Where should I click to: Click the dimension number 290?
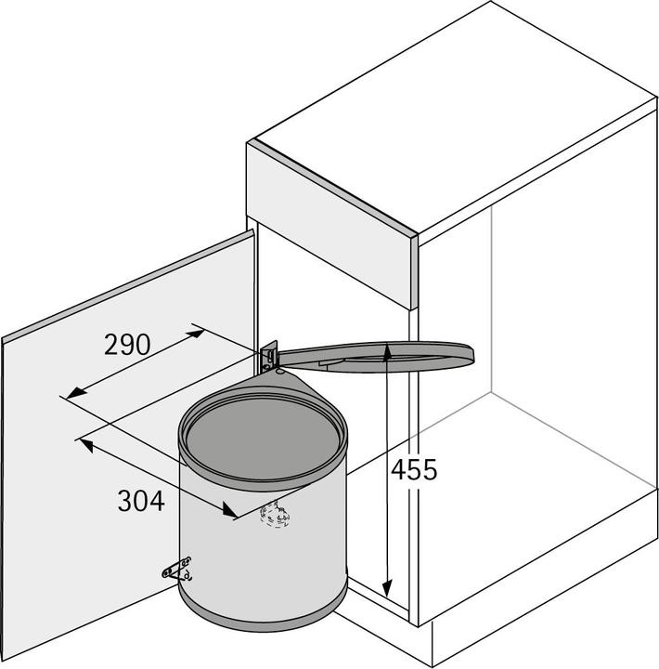126,345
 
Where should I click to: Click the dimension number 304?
141,501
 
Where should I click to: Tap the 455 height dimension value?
413,469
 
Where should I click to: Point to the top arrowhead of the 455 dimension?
385,352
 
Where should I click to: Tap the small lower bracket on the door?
177,568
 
